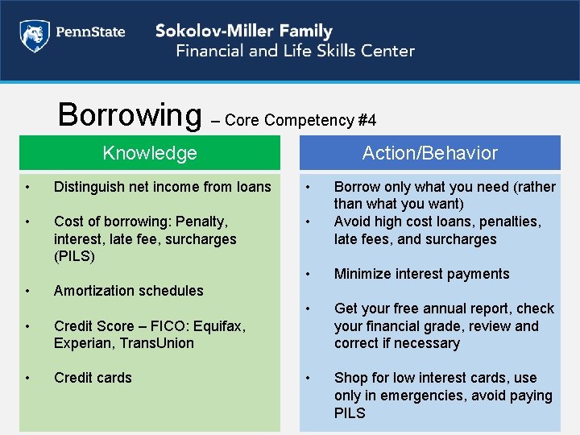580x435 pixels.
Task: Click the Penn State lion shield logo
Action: tap(34, 35)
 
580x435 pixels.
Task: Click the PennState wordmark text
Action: tap(90, 33)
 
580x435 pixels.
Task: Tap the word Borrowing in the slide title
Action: tap(130, 115)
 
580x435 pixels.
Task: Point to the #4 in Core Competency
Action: tap(367, 121)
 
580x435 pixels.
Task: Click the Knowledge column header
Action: tap(150, 153)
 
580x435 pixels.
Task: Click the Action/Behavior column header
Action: tap(429, 153)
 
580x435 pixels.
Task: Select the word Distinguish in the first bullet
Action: tap(88, 187)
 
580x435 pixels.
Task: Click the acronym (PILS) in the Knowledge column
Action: tap(75, 256)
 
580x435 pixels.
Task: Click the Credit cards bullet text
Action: tap(93, 378)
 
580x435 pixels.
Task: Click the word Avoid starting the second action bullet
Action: tap(352, 222)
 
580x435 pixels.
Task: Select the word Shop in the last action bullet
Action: tap(350, 378)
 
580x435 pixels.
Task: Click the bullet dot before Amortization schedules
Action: tap(27, 291)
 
